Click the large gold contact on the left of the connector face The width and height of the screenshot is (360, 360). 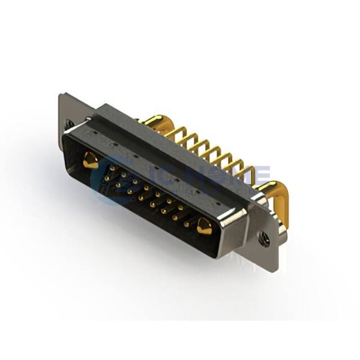[90, 160]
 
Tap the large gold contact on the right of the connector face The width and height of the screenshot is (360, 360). [204, 226]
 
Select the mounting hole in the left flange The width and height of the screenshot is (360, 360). [70, 124]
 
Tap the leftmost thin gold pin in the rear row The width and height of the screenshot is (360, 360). [174, 133]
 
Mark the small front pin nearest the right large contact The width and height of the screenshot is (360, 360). [187, 223]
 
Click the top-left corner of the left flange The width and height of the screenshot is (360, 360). [61, 94]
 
